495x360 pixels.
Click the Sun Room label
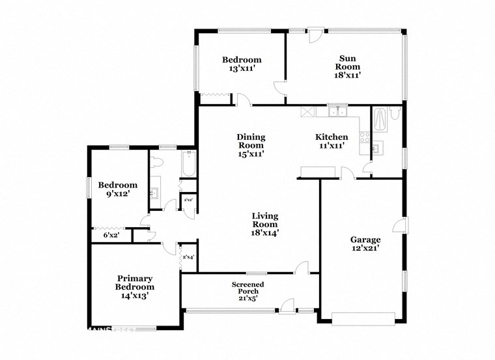pos(348,66)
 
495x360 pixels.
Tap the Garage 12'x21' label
pos(365,243)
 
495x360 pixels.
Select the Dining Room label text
pos(251,145)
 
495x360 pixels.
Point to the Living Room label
pos(266,224)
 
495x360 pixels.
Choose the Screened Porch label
pos(248,292)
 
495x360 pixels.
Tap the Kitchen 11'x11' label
pos(332,141)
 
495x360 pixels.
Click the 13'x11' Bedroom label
pos(242,64)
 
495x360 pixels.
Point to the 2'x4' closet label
pos(188,258)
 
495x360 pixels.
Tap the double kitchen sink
pos(337,112)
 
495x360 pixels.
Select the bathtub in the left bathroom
pos(188,165)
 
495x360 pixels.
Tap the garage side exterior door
pos(400,225)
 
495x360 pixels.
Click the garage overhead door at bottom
pos(363,318)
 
